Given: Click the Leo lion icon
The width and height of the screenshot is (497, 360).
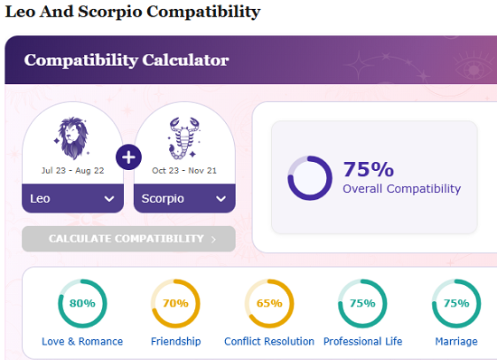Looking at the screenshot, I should [x=72, y=137].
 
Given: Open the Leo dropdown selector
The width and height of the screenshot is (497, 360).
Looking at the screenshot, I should [x=72, y=198].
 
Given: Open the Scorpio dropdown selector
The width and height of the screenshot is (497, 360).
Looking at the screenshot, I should [x=184, y=198].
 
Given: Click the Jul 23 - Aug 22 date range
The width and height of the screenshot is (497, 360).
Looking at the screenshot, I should [x=72, y=170].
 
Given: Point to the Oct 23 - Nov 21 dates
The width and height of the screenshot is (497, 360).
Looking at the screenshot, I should [x=184, y=170].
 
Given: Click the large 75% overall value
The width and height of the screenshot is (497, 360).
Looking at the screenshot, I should [x=368, y=169].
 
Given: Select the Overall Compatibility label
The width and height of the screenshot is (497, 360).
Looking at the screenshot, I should [x=401, y=189].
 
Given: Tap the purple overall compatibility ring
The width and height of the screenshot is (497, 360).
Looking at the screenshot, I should [x=310, y=177].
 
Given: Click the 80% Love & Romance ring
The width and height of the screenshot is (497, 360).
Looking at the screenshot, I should [x=82, y=303].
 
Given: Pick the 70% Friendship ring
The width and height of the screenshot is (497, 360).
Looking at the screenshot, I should [x=175, y=303].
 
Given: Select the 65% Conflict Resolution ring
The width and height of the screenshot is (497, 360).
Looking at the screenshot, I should [x=269, y=303].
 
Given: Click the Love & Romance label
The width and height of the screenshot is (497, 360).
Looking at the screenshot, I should [x=82, y=342].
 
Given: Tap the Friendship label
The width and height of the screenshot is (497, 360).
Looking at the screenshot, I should [x=175, y=342].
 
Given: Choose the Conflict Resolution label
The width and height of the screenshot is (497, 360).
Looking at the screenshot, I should [x=269, y=342].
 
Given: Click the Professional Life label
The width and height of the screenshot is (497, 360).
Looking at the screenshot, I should [x=362, y=342].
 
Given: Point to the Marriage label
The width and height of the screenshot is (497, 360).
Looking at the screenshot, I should [x=455, y=342].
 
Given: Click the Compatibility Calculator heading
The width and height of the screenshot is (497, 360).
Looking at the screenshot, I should [x=127, y=61].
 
